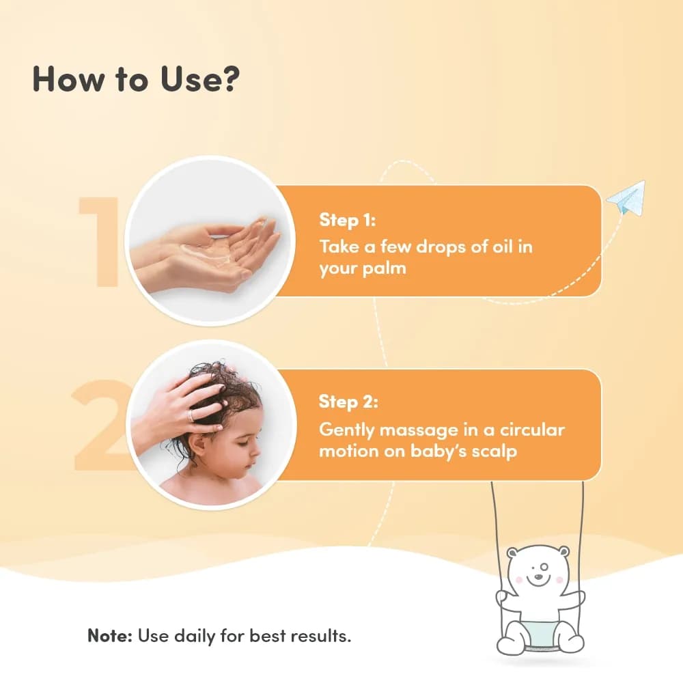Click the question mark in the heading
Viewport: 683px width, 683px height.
(228, 79)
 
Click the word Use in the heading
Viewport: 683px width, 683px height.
(189, 79)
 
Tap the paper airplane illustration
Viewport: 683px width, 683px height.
(626, 198)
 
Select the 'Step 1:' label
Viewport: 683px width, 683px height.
(347, 220)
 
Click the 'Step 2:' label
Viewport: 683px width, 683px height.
(348, 402)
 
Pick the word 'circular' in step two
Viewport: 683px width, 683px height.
(532, 430)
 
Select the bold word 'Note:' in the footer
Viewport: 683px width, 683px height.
(110, 635)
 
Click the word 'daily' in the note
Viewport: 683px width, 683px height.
(194, 637)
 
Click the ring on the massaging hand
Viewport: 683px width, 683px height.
(191, 415)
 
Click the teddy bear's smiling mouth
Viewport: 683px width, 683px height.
(538, 580)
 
